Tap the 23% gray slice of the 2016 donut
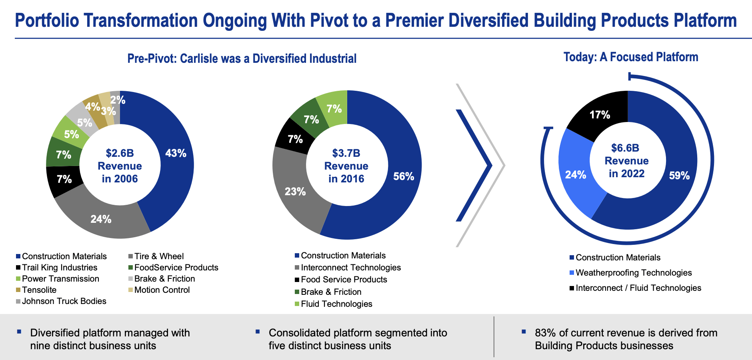point(295,192)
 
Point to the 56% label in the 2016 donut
point(404,176)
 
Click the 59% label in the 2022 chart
point(679,176)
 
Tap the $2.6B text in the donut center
point(120,153)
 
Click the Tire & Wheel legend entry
point(159,256)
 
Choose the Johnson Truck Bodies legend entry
point(64,301)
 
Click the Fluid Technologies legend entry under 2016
point(336,304)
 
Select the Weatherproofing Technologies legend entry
point(633,273)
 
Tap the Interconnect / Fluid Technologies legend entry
point(638,288)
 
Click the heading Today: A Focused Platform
point(630,57)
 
